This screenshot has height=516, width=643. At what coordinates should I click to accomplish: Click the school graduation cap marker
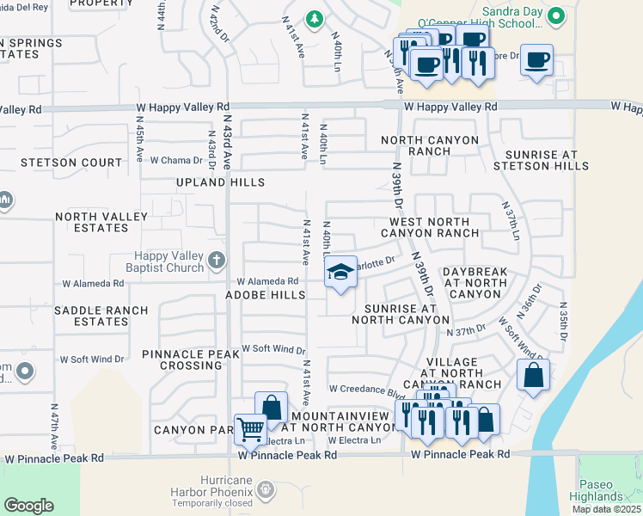pos(340,273)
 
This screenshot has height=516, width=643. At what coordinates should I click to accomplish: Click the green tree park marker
pos(315,18)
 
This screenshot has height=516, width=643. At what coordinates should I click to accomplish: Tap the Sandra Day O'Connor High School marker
pos(557,15)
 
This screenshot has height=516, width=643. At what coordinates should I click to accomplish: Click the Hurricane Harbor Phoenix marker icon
pos(266,489)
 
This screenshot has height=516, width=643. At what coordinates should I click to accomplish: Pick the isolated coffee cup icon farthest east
pos(537,60)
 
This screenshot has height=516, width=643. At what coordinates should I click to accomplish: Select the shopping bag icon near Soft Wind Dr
pos(533,374)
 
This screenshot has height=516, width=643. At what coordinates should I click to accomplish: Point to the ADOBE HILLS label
pos(265,295)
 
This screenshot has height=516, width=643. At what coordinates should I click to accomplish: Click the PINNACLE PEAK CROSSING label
pos(181,359)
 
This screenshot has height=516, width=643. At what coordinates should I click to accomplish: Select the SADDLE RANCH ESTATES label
pos(90,316)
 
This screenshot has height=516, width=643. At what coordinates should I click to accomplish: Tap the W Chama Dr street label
pos(176,161)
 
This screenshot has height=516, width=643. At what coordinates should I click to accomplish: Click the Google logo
pos(29,506)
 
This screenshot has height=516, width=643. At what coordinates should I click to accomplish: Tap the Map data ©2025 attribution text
pos(605,509)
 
